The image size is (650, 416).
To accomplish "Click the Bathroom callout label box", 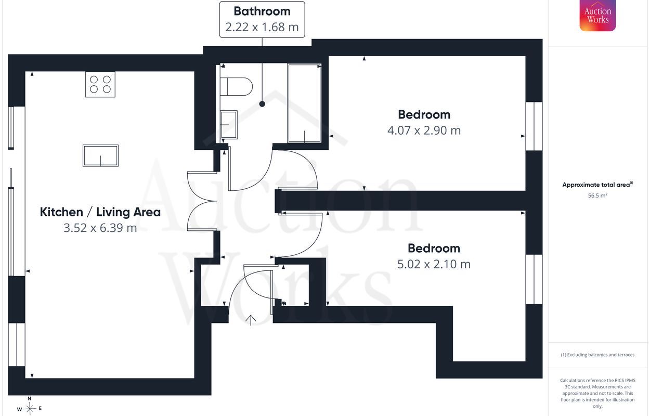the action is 262,19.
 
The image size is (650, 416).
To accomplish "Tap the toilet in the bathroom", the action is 236,86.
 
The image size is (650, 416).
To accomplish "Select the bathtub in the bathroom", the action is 304,103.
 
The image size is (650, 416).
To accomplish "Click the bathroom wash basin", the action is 229,125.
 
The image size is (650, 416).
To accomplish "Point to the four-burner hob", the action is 100,84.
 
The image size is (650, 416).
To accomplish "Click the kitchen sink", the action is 100,155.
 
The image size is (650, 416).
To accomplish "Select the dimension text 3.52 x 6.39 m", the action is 100,228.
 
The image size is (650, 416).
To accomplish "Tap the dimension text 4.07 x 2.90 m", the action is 424,131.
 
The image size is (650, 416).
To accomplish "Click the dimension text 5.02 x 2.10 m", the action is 434,264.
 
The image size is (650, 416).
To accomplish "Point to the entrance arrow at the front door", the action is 251,320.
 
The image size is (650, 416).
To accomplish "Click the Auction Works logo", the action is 597,15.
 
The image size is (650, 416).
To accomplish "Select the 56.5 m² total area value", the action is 597,196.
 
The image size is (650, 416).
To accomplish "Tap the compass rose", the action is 29,407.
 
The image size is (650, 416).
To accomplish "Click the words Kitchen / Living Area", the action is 100,212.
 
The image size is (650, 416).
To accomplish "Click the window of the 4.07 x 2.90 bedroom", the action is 534,126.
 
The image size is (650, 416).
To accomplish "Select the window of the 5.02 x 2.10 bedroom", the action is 534,279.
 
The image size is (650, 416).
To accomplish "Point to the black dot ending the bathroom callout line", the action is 262,104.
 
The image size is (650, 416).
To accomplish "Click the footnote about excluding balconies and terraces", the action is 597,355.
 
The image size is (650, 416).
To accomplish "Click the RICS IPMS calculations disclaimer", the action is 597,393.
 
